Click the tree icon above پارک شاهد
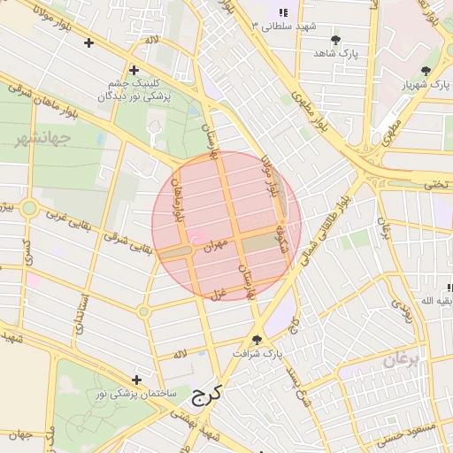335,40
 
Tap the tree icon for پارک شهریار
426,71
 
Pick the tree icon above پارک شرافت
257,340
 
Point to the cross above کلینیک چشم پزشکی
134,70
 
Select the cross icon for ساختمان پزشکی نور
135,379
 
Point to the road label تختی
437,185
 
